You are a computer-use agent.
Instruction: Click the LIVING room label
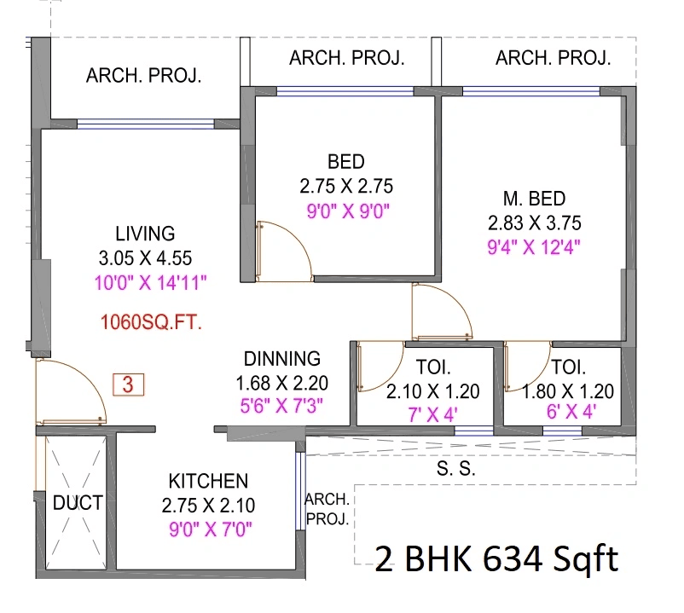click(145, 233)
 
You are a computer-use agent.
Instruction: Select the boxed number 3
click(128, 385)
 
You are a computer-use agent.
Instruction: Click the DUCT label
click(78, 503)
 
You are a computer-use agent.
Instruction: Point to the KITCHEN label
click(208, 482)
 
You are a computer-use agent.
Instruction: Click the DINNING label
click(282, 359)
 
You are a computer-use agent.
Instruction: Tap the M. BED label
click(534, 199)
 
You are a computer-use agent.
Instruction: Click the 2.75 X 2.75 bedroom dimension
click(346, 186)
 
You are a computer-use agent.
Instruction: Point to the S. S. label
click(456, 469)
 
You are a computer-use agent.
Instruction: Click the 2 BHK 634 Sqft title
click(496, 559)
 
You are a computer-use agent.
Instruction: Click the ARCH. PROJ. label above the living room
click(144, 76)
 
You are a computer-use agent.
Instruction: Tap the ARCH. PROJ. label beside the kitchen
click(327, 509)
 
